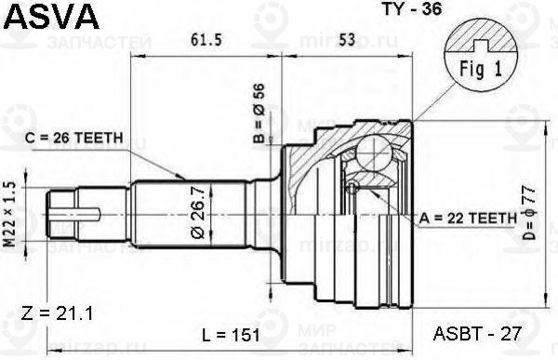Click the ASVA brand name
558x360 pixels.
pos(46,17)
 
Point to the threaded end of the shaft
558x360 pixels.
pos(71,218)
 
